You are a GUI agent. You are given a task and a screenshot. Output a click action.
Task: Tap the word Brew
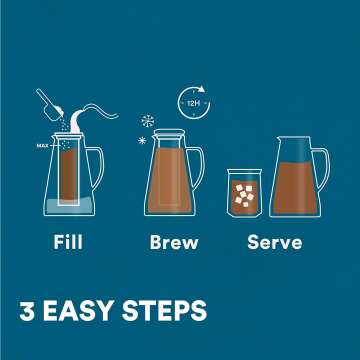[x=174, y=241]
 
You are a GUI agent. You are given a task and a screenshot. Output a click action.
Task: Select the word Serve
[x=275, y=241]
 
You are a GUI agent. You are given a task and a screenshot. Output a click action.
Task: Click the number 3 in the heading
[x=28, y=309]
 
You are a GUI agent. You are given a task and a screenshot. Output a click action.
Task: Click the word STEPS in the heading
[x=169, y=309]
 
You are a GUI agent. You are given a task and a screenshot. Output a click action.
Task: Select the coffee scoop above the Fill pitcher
[x=49, y=103]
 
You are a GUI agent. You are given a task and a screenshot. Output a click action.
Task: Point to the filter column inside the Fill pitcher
[x=68, y=180]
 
